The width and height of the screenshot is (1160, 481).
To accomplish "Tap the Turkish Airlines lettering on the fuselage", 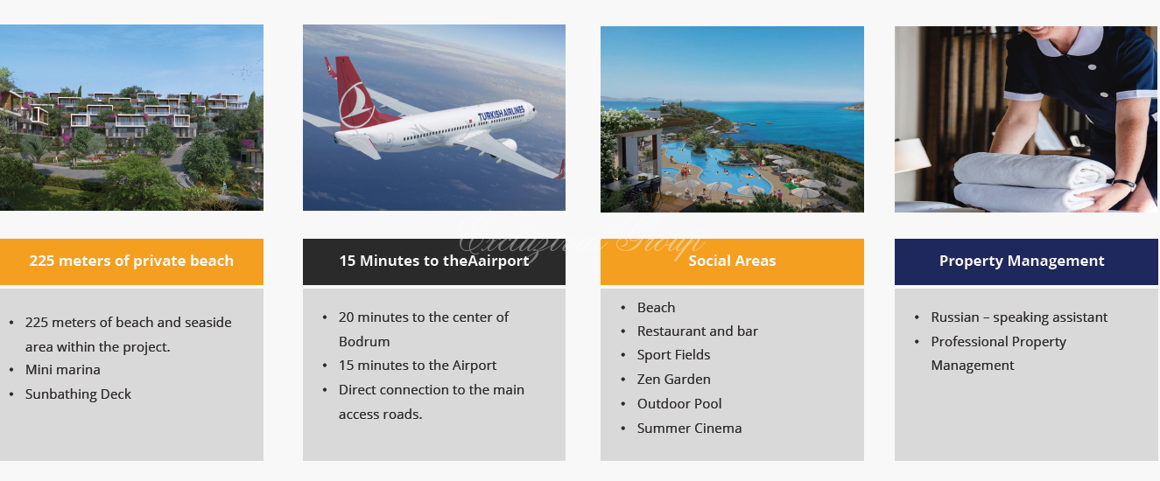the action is point(501,114).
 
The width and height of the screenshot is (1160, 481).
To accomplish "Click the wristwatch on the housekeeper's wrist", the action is point(1124,185).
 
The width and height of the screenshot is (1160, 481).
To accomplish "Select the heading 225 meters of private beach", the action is point(131,261).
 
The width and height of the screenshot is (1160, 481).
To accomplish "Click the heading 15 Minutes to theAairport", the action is point(434,261).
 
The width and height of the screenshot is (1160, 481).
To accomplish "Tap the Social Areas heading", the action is point(732,261).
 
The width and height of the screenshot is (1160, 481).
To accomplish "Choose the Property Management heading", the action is point(1022,261).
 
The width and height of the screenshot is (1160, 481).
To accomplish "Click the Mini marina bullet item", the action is point(63,370).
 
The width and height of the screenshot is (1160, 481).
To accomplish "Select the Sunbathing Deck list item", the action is point(78,394).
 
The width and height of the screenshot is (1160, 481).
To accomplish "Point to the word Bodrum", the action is point(364,342).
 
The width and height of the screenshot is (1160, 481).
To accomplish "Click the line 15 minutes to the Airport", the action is point(418,366).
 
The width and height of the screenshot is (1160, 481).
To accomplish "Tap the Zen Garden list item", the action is point(674,379).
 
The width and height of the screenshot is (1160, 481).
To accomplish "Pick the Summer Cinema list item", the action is point(689,429).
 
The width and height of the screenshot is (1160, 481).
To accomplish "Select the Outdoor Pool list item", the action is point(679,403).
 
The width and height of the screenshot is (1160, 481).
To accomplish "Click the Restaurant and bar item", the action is point(698,331).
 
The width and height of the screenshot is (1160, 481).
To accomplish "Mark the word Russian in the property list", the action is point(955,317).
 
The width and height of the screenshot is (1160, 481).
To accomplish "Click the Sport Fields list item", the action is point(673,355).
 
